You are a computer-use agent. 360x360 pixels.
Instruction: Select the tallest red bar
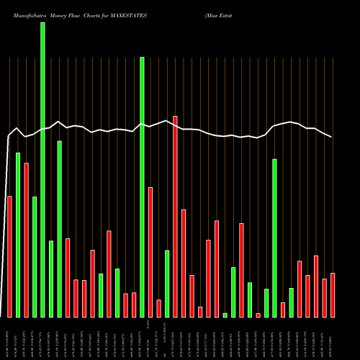(175, 216)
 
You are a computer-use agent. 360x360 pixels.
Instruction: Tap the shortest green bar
(225, 315)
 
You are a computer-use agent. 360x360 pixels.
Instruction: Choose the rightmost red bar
(333, 295)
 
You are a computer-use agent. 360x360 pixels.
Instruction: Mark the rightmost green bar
(291, 302)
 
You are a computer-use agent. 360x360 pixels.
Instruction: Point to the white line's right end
(332, 137)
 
